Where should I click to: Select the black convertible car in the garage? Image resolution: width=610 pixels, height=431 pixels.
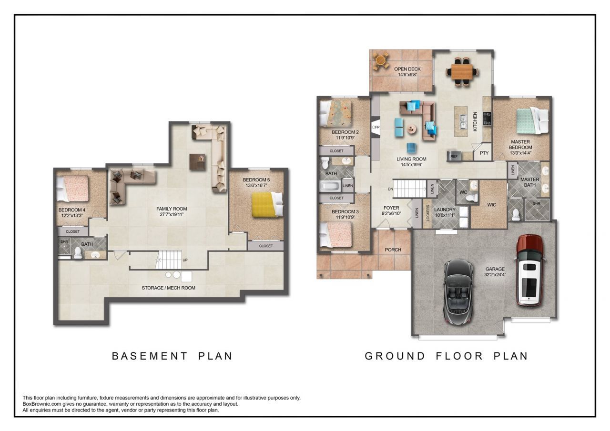[x=459, y=291]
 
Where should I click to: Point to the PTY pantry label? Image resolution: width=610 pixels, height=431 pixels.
[x=484, y=153]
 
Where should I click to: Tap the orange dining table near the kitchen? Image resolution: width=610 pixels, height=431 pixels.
[x=462, y=71]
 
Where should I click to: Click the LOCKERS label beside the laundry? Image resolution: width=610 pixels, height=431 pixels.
[x=427, y=213]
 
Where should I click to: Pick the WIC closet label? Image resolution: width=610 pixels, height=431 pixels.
[x=491, y=205]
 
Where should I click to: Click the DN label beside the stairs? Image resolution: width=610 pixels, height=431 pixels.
[x=390, y=189]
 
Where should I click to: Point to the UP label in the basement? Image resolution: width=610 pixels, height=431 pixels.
[x=185, y=260]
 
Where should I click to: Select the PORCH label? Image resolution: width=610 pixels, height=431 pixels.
[x=393, y=250]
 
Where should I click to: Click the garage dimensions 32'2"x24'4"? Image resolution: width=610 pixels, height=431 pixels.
[x=495, y=274]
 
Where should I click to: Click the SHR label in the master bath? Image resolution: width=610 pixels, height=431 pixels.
[x=537, y=203]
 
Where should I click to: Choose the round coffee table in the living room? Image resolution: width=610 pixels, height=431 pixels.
[x=412, y=129]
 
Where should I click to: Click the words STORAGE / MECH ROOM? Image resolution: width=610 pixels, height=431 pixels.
[x=168, y=288]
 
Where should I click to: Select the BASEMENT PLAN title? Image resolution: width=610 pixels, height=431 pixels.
[x=172, y=356]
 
